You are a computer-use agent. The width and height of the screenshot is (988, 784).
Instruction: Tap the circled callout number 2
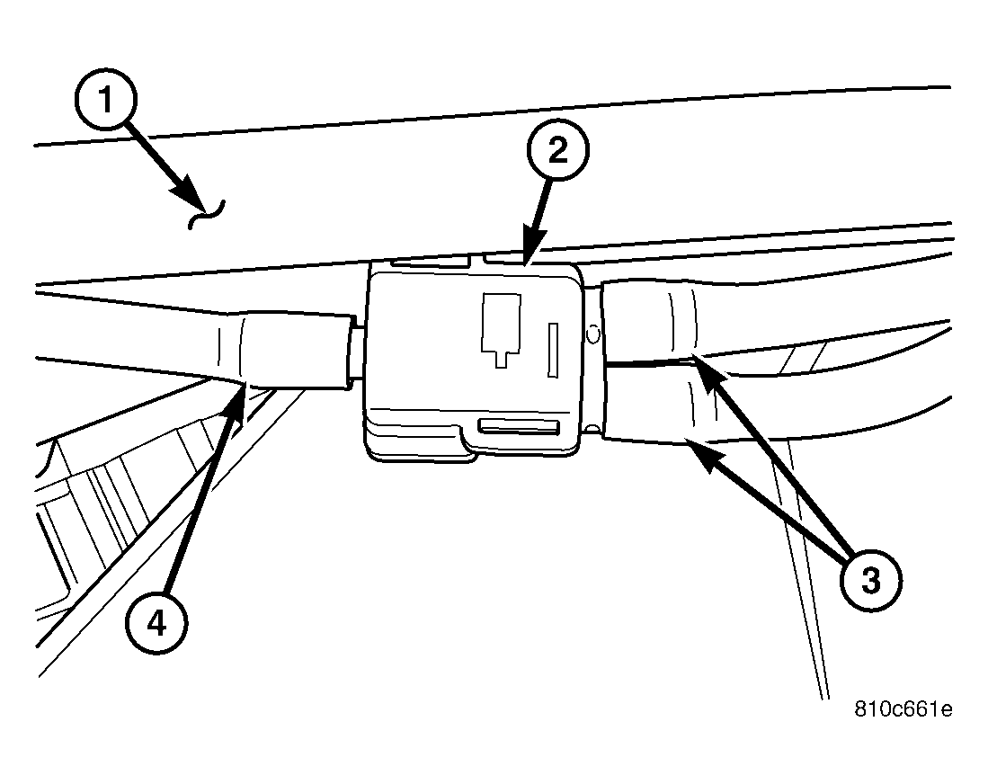(557, 152)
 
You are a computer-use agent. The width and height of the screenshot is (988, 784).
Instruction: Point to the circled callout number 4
(156, 622)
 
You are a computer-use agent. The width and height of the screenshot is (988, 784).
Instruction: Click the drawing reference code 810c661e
(903, 709)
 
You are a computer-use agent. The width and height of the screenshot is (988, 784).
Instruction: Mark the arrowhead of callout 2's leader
(527, 261)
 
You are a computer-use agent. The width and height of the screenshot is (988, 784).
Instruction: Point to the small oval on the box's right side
(592, 334)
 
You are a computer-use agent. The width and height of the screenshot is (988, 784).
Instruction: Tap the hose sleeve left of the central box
(283, 351)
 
